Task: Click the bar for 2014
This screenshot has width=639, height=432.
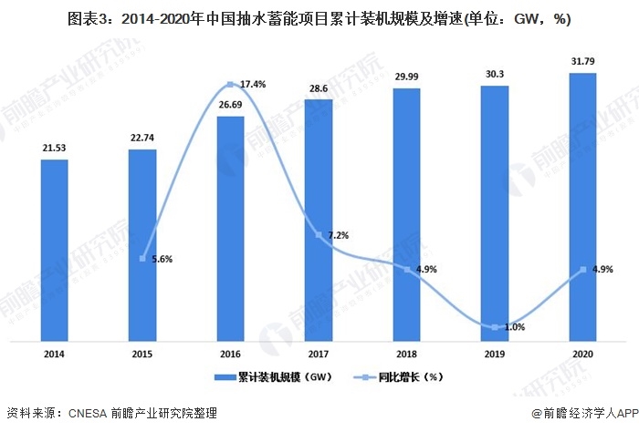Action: click(54, 251)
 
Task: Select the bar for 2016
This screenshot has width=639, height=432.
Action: click(230, 230)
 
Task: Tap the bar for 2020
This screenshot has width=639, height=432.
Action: click(582, 208)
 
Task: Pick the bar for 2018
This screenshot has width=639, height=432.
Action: click(406, 215)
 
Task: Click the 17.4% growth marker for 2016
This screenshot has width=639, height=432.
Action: click(230, 85)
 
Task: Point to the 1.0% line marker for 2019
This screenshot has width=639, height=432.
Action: click(495, 326)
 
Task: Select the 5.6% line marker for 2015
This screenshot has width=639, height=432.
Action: click(142, 258)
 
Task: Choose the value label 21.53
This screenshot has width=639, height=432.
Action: click(54, 149)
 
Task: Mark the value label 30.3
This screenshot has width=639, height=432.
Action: click(495, 77)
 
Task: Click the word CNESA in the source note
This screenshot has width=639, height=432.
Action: click(89, 413)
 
